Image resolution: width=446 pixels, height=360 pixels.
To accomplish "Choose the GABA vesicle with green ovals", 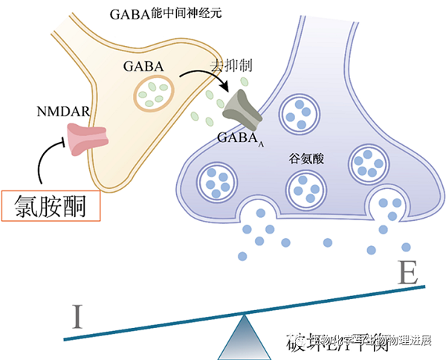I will (x=155, y=94).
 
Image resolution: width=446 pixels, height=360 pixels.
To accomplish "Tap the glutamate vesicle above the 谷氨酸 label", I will (x=300, y=115).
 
